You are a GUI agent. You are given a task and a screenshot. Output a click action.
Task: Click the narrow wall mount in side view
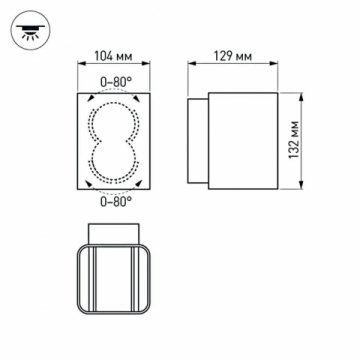pyautogui.click(x=200, y=141)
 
